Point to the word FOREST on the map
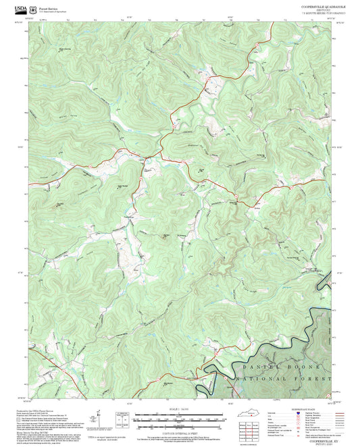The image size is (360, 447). click(308, 380)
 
